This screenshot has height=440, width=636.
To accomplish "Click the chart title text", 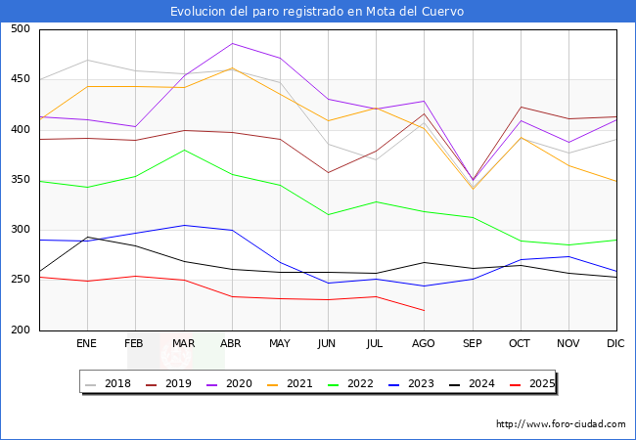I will click(317, 12).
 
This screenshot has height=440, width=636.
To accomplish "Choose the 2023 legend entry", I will click(415, 383).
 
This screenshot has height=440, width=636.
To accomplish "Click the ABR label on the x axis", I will click(231, 343).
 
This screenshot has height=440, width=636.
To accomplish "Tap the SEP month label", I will click(472, 343).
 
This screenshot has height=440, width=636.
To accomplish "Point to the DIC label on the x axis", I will click(615, 343).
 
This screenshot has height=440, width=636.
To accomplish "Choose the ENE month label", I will click(87, 343).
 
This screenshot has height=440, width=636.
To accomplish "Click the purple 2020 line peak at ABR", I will click(232, 43).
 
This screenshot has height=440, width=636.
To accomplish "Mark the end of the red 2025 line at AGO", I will click(424, 310).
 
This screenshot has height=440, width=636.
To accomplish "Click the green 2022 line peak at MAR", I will click(183, 150).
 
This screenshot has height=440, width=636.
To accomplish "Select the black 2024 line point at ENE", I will click(87, 237).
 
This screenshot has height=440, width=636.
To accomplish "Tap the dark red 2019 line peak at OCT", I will click(521, 107).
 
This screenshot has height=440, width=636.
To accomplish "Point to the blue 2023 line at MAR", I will click(183, 225).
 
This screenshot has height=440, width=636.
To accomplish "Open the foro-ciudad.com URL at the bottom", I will click(561, 424).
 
